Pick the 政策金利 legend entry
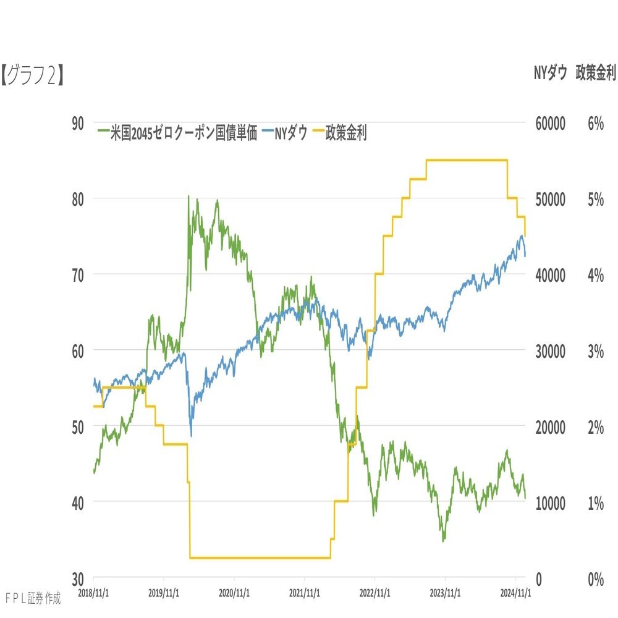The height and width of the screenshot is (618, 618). pos(345,133)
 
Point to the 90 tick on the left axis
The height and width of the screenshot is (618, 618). pos(78,123)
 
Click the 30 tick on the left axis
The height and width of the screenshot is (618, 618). pos(78,579)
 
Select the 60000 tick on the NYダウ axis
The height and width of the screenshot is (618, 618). pos(549,123)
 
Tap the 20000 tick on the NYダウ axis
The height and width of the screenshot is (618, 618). pos(549,427)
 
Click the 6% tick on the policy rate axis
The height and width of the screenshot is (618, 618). pos(595,123)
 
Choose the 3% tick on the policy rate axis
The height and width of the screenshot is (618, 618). pos(595,351)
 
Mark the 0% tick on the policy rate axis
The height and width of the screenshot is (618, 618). pos(595,579)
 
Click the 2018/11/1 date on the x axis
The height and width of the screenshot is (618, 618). pos(95,591)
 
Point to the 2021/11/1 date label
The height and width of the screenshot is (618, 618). pos(305,591)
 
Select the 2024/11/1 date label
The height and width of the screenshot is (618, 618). pos(515,591)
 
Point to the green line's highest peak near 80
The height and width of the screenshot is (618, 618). pos(188,197)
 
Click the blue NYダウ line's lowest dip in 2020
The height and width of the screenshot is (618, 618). pos(191,435)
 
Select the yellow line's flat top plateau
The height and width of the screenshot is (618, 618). pos(467,160)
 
